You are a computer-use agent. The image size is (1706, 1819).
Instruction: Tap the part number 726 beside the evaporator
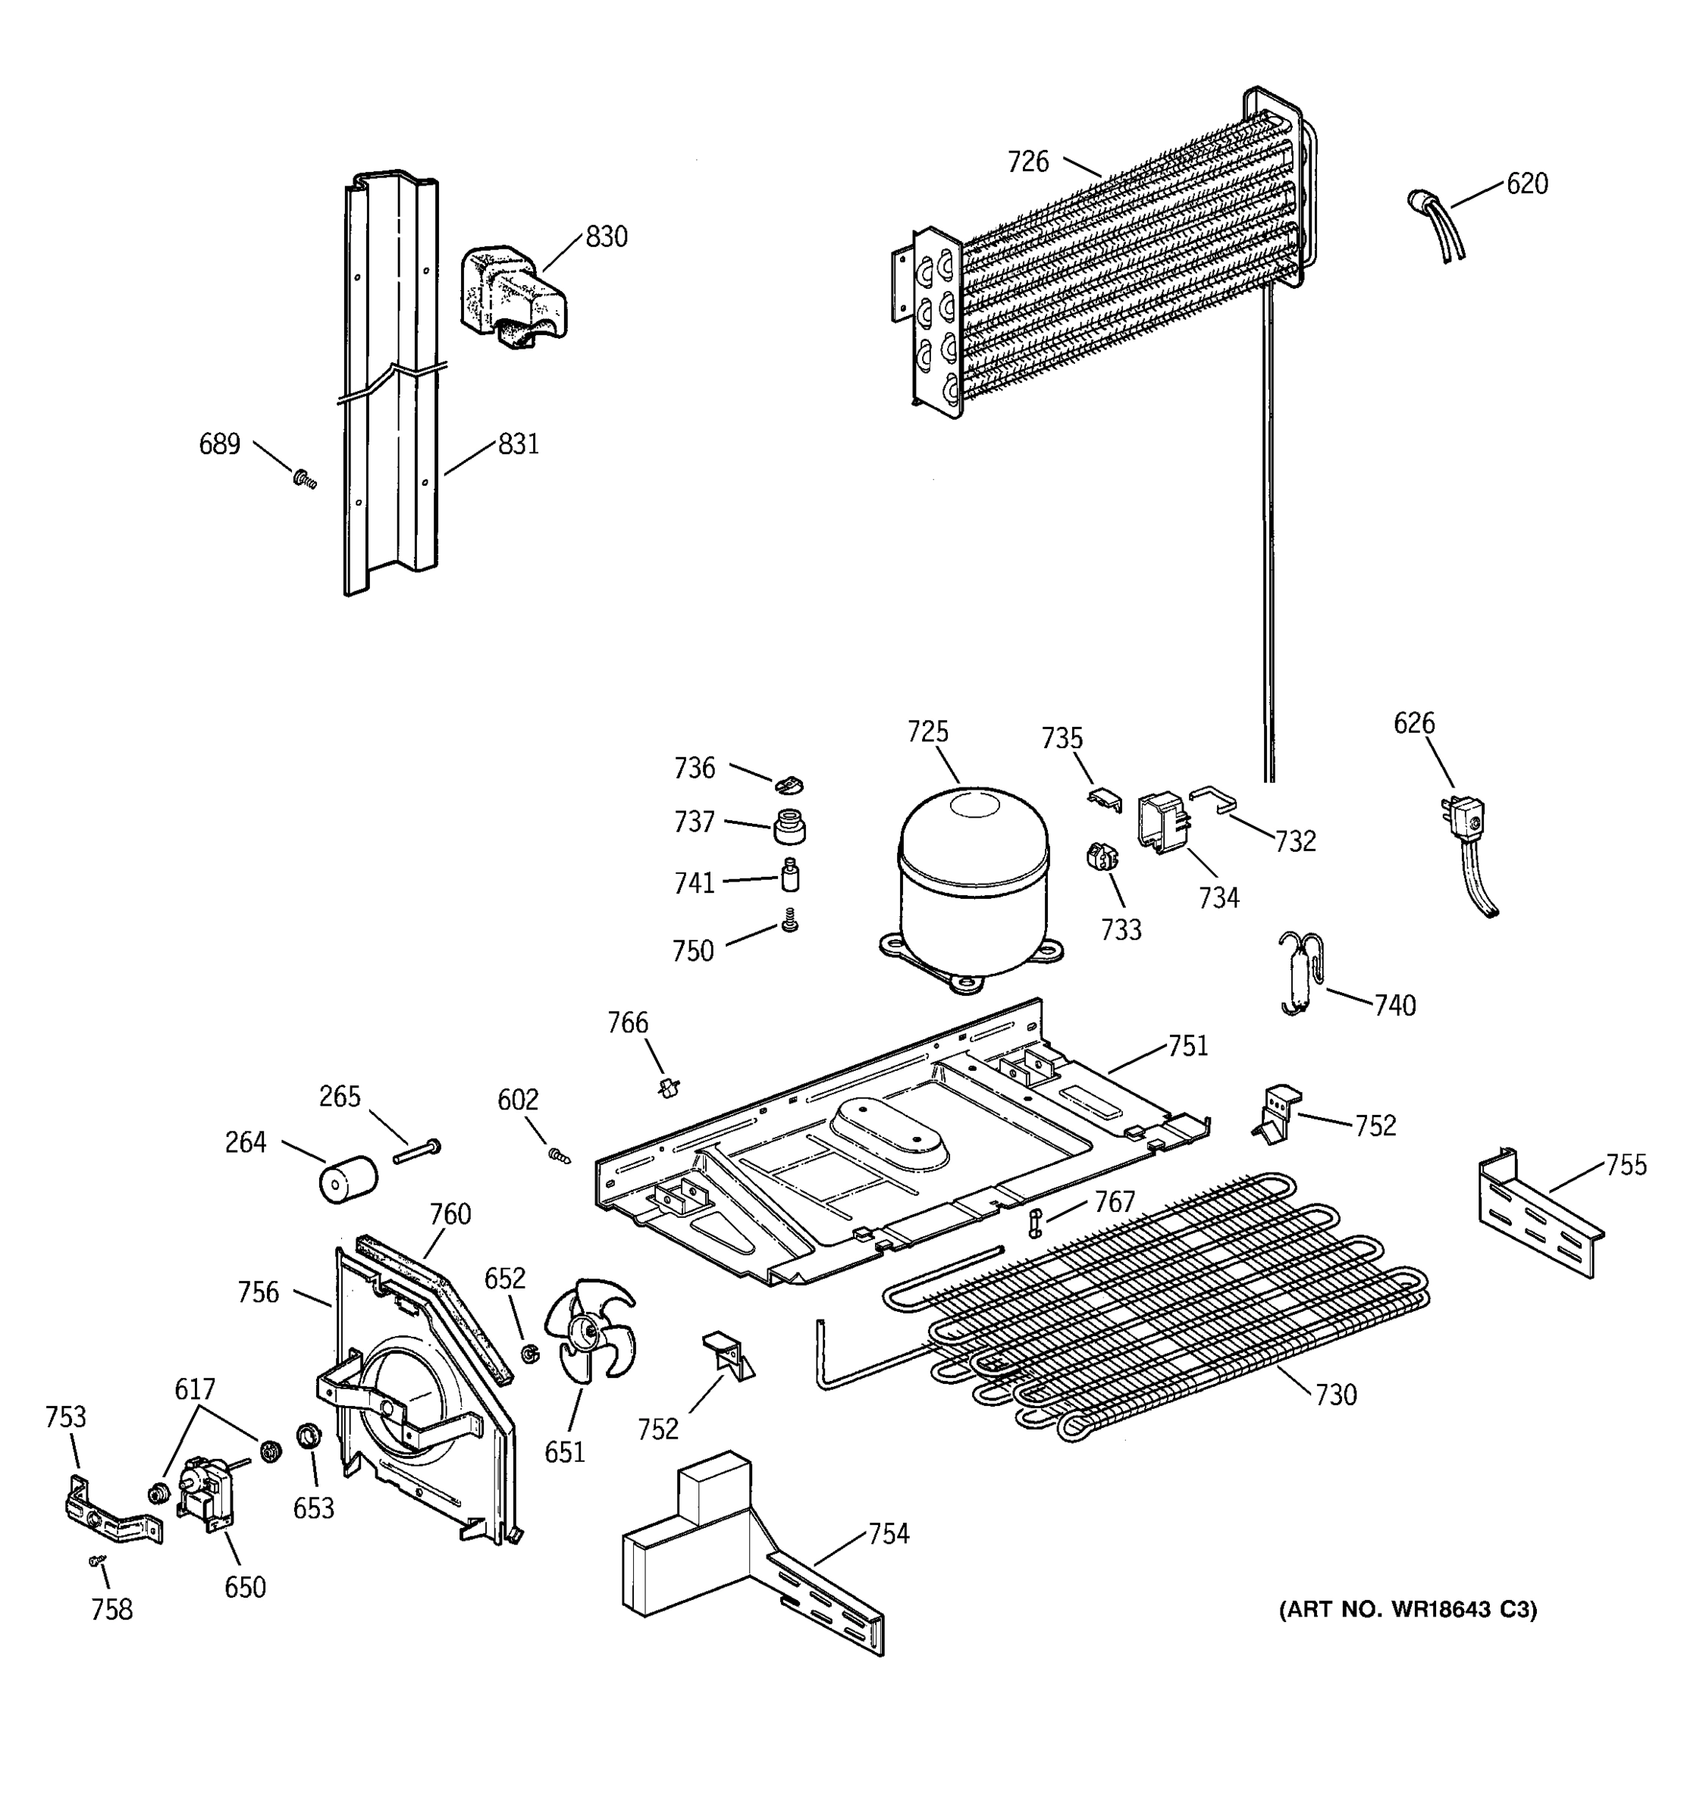[x=1028, y=162]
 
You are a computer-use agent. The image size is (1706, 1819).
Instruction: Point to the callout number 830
[x=606, y=237]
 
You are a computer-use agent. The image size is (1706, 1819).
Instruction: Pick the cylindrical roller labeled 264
[x=348, y=1178]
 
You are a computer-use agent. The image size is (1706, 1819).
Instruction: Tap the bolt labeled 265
[x=417, y=1151]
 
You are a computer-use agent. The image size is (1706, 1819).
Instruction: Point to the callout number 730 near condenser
[x=1335, y=1395]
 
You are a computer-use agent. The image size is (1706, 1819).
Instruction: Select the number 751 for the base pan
[x=1188, y=1046]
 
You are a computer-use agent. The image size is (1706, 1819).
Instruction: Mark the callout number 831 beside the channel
[x=518, y=445]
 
